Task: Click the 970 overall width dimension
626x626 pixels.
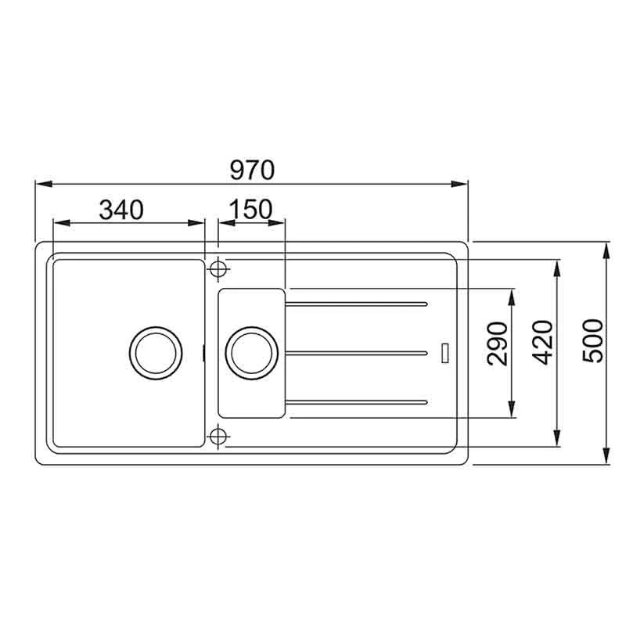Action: [x=251, y=169]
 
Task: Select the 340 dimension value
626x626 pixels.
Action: [x=121, y=210]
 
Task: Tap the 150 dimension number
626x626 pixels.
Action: [x=251, y=210]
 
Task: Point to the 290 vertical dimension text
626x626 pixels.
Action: [x=497, y=343]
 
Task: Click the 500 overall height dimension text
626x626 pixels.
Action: [x=594, y=340]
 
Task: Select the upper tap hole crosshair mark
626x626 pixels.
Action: [x=218, y=268]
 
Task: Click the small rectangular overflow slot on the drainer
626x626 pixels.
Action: [x=444, y=352]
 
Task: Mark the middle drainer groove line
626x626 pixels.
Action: [x=357, y=353]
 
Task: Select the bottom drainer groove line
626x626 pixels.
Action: [x=357, y=403]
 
